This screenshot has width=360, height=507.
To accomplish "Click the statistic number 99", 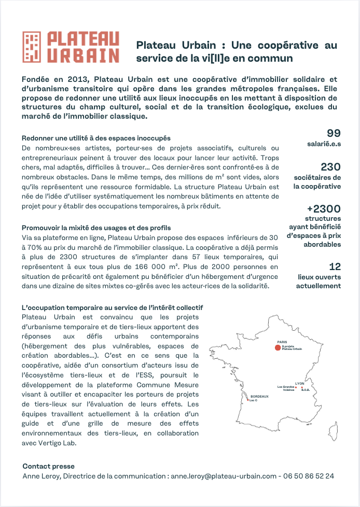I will click(334, 133).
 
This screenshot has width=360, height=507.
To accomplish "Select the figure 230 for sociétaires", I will click(330, 167).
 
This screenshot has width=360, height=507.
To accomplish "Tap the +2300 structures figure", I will click(323, 209).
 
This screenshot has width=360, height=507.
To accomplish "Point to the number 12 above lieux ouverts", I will click(335, 267).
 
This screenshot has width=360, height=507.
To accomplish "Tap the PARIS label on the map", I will click(282, 342).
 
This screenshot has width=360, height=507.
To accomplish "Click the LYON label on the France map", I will click(299, 383).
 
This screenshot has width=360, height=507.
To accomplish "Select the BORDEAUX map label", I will click(259, 397).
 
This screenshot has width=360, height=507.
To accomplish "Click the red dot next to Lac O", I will click(247, 400).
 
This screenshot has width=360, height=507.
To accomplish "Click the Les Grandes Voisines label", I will click(286, 388).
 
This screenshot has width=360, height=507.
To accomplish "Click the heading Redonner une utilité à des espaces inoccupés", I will click(96, 138).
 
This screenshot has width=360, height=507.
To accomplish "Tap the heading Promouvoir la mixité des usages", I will click(96, 228).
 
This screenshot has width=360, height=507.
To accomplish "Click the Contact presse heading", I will click(48, 466).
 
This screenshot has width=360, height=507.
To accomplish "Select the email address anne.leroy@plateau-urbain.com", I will click(224, 475).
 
